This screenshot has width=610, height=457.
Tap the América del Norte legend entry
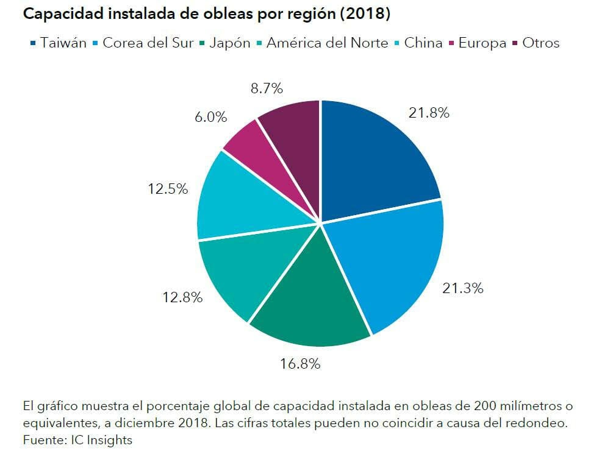(327, 43)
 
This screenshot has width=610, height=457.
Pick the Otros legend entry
(540, 43)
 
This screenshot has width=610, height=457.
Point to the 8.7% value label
(267, 88)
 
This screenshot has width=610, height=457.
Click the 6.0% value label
(211, 117)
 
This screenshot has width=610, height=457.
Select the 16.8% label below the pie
(300, 364)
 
